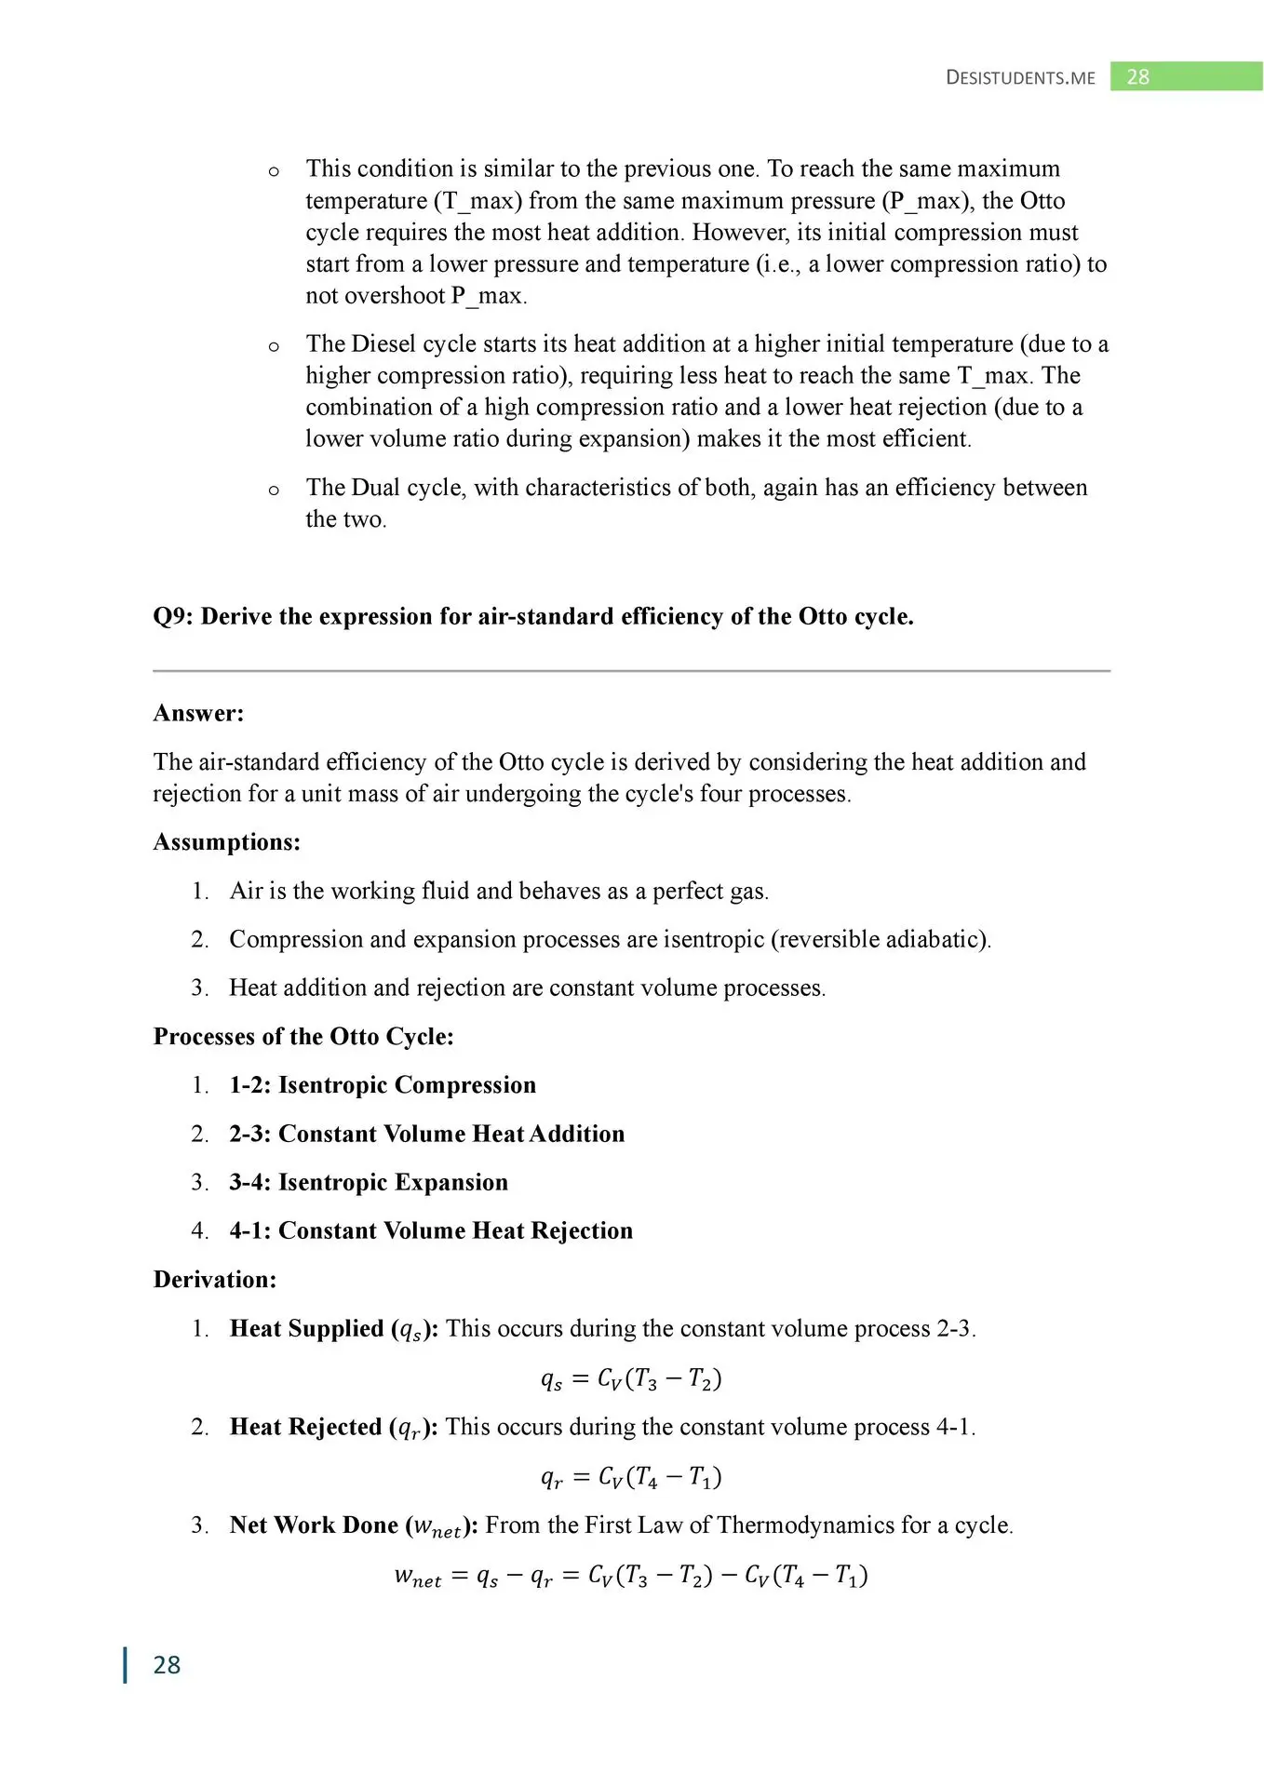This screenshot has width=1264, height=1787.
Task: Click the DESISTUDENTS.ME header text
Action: (x=1020, y=77)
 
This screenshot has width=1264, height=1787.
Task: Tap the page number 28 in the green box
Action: (x=1137, y=77)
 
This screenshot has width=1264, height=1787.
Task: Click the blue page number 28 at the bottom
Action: (x=167, y=1664)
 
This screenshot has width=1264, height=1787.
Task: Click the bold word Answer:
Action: (x=198, y=713)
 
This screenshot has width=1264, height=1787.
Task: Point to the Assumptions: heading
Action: (x=227, y=842)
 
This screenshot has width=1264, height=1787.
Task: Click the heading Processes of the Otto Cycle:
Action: (x=303, y=1037)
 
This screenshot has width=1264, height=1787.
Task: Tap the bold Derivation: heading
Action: (x=215, y=1280)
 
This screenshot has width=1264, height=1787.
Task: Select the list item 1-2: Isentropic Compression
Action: (x=383, y=1085)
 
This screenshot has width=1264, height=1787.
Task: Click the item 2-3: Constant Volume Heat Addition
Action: (x=427, y=1134)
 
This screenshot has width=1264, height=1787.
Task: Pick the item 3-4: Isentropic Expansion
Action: (x=369, y=1182)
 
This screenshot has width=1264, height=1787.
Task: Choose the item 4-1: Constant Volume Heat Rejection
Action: (x=431, y=1230)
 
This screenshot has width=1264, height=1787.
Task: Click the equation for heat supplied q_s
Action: (x=631, y=1378)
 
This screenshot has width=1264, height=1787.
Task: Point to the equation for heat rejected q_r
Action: (x=631, y=1477)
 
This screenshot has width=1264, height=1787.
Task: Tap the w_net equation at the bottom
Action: (x=631, y=1575)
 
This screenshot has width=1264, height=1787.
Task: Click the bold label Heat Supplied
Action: (x=307, y=1328)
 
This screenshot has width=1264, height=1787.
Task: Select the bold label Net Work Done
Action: (x=314, y=1525)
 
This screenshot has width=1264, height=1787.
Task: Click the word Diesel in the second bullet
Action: (x=383, y=343)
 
